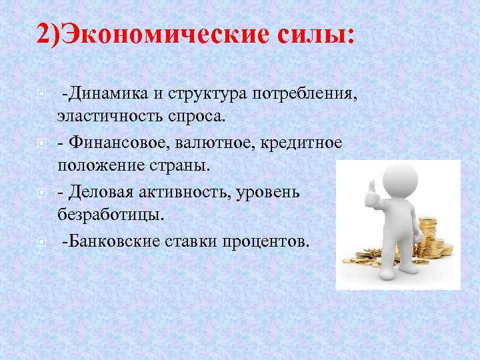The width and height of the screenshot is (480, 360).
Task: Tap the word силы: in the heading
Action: (310, 33)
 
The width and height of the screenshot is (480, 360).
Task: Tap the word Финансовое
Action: (117, 143)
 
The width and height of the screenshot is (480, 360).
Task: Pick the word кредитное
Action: (304, 143)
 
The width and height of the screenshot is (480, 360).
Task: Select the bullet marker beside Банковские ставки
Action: (42, 241)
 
